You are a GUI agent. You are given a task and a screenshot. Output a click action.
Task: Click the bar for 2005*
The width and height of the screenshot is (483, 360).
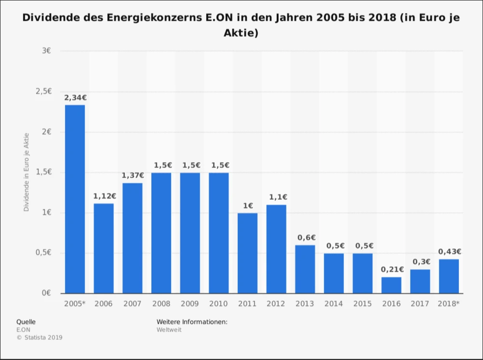(75, 199)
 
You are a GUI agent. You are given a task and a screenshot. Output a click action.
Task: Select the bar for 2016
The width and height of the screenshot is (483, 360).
(391, 285)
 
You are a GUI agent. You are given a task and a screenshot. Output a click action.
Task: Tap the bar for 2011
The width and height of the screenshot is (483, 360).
(247, 253)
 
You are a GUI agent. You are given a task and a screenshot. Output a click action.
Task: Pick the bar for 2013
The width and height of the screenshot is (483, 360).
(305, 269)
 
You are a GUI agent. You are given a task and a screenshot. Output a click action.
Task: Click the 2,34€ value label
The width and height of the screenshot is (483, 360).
(75, 98)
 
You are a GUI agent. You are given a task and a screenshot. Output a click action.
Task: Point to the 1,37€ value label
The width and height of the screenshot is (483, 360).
(132, 175)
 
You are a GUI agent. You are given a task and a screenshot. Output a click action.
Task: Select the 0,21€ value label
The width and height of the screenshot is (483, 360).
(392, 270)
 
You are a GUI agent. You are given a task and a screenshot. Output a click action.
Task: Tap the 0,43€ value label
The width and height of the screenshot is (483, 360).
(449, 251)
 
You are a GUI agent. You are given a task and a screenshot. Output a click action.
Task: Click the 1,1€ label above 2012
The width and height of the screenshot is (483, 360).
(277, 197)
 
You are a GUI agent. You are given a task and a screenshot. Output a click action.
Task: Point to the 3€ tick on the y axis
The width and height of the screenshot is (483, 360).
(47, 51)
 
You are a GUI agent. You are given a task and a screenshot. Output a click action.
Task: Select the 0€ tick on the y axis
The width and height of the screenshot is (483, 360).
(47, 293)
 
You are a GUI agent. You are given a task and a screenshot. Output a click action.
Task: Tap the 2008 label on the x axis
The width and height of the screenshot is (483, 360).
(161, 304)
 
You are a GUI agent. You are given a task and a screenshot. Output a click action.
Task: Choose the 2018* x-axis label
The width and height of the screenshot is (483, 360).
(449, 304)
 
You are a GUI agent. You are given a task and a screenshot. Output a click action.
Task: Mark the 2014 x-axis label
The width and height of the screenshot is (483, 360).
(334, 304)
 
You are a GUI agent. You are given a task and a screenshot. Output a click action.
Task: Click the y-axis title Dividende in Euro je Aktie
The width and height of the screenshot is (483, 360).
(27, 172)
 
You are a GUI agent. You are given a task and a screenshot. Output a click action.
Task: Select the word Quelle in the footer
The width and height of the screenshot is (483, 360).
(26, 322)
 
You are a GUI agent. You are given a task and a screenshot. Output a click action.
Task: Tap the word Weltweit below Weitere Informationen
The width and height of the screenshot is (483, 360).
(169, 330)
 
